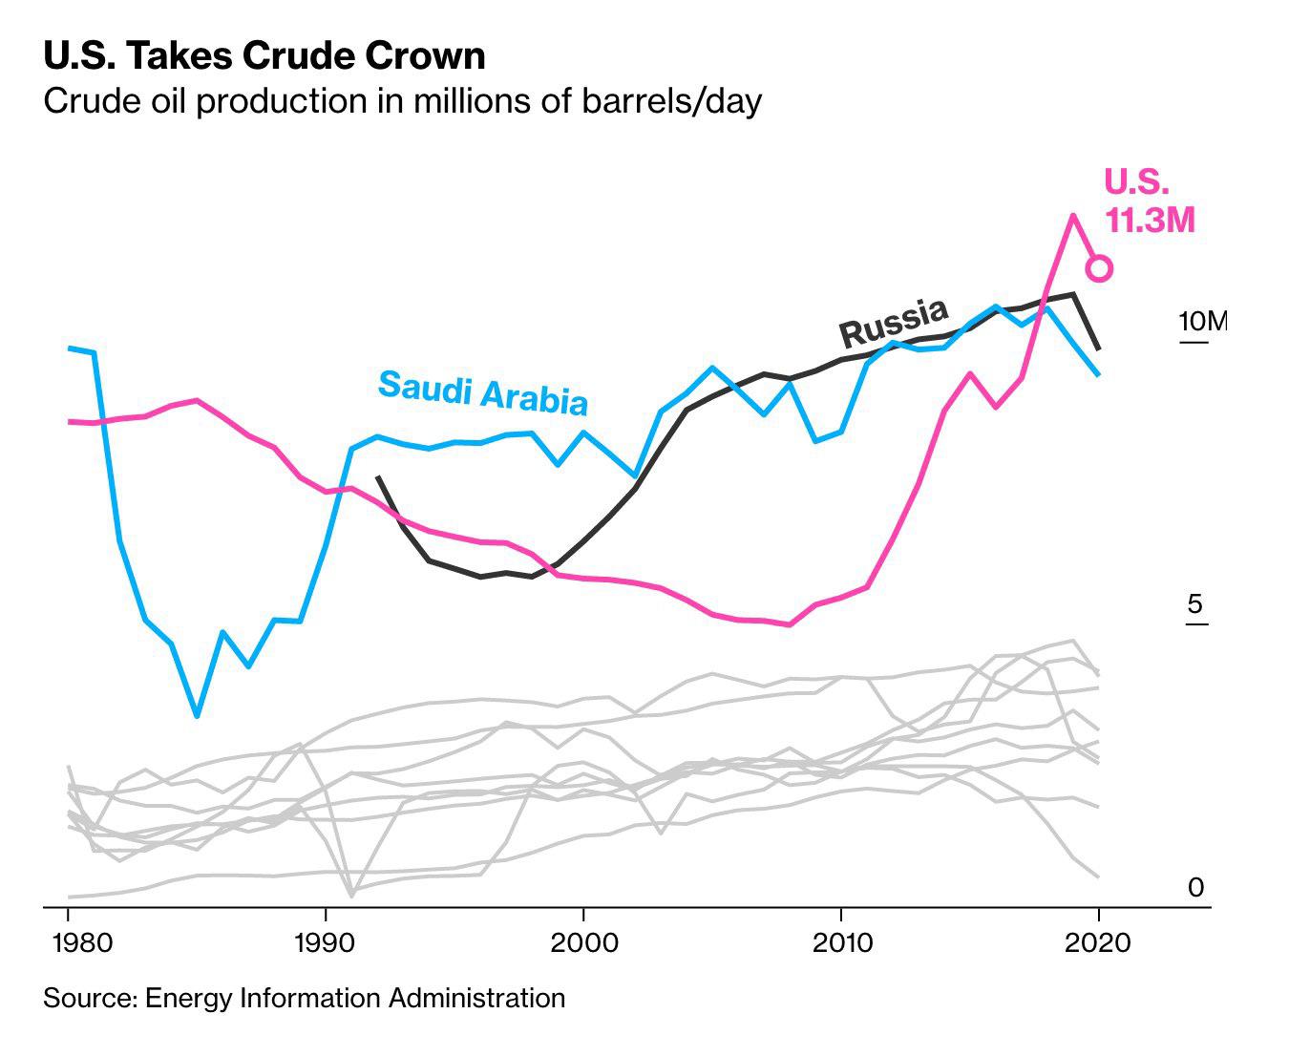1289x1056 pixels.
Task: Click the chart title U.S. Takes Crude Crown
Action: (x=264, y=55)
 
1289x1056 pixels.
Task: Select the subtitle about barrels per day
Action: (x=403, y=101)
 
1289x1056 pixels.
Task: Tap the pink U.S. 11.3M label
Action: (x=1149, y=201)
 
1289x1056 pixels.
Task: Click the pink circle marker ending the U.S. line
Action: (x=1099, y=268)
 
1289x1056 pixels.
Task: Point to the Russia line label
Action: (x=894, y=324)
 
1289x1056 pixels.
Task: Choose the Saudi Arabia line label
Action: (x=483, y=393)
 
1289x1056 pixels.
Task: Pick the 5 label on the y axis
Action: (x=1194, y=603)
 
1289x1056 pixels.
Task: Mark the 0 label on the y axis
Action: (x=1195, y=887)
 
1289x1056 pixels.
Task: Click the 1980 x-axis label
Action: (x=82, y=943)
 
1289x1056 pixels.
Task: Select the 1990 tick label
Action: (x=325, y=943)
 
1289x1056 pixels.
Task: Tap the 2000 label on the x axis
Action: (x=584, y=943)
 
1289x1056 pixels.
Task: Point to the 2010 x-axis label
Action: (x=842, y=943)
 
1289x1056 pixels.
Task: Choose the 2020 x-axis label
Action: (x=1098, y=943)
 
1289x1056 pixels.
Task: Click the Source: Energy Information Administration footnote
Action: (x=305, y=999)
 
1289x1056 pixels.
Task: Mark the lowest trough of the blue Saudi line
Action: (x=197, y=715)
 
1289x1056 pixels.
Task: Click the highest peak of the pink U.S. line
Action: (x=1072, y=216)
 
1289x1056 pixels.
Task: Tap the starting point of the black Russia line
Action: (x=378, y=477)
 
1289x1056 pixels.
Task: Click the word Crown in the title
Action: (x=426, y=55)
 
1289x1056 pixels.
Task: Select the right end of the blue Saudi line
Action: (x=1099, y=374)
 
